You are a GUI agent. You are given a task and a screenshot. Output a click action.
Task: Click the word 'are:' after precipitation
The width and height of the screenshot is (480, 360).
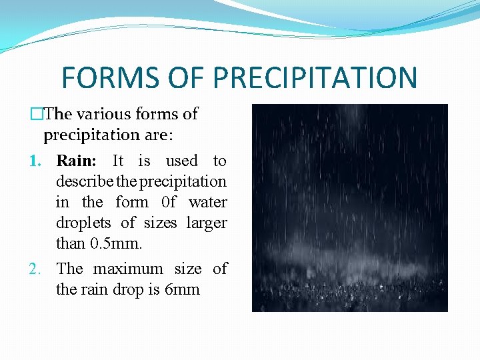(159, 135)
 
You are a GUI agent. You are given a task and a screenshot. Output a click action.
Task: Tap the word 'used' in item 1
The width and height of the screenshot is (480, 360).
(181, 161)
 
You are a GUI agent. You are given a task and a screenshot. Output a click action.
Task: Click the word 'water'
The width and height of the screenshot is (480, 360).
(207, 202)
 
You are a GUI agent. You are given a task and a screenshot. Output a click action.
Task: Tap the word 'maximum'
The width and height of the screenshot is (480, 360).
(128, 269)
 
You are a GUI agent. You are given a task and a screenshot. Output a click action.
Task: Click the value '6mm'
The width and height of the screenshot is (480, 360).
(182, 290)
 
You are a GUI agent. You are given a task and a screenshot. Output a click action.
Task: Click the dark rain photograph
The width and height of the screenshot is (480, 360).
(349, 207)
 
